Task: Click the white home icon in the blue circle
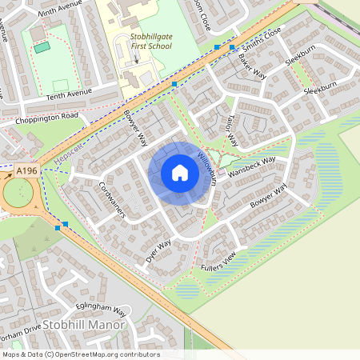(180, 173)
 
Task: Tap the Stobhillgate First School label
(152, 42)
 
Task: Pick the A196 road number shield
(26, 170)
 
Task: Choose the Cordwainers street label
(113, 198)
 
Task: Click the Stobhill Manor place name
(85, 325)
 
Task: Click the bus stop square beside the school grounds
(174, 84)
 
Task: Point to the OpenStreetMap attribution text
(80, 354)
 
